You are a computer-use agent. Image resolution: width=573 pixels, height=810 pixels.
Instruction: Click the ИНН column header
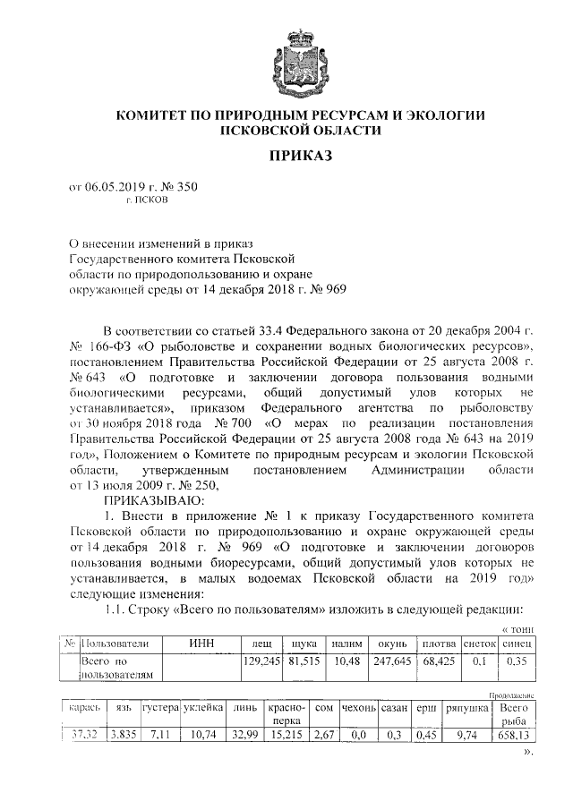(202, 644)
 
